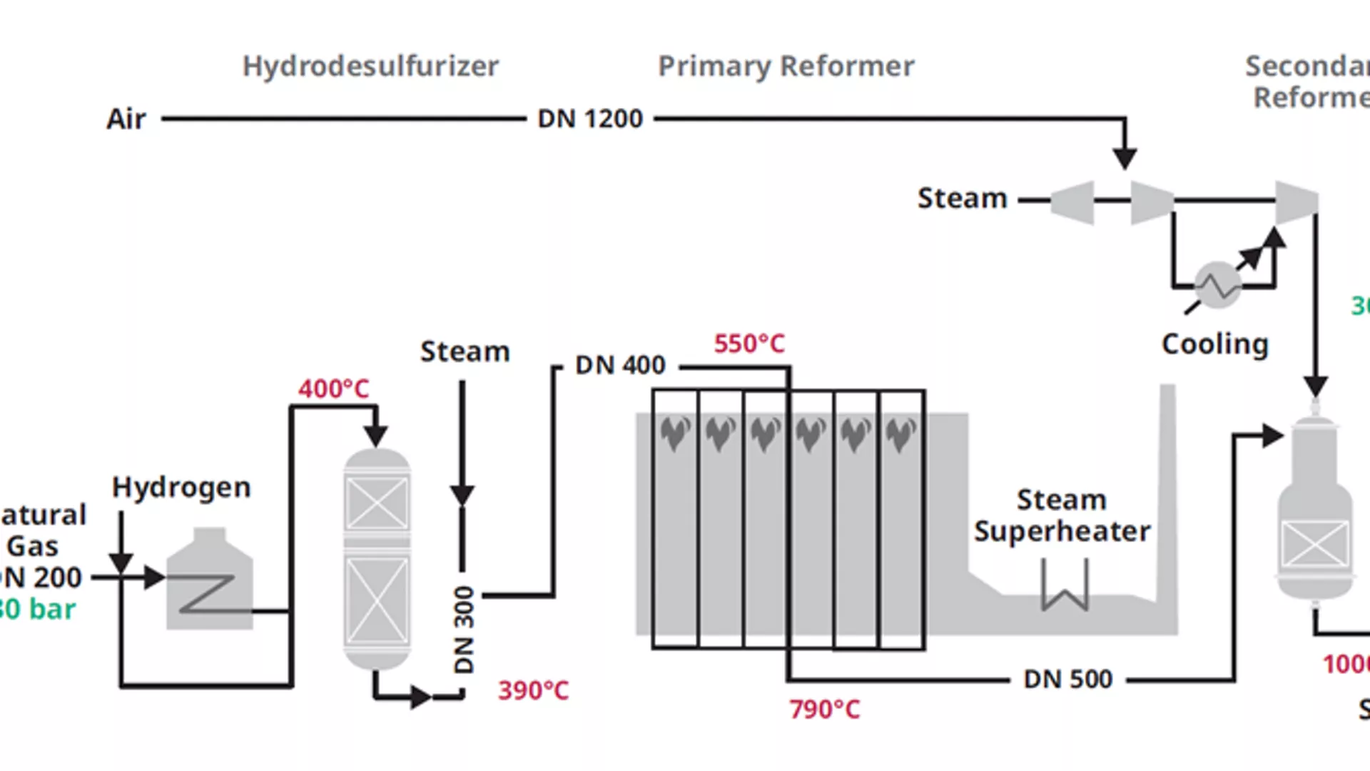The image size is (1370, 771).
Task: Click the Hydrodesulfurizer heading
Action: point(370,66)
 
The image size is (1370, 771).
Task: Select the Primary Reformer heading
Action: point(786,66)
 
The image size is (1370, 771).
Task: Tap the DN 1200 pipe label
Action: point(590,119)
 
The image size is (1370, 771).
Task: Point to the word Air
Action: point(126,119)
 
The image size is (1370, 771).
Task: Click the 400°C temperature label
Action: point(333,389)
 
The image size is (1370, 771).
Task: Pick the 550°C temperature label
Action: point(749,343)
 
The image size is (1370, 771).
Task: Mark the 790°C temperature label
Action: point(824,709)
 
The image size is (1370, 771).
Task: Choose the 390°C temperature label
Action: point(533,690)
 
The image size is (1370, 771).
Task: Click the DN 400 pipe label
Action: point(620,366)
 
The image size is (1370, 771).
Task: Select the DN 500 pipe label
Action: point(1067,679)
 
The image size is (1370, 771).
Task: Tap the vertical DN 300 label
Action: point(465,630)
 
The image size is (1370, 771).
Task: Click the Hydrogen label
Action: point(181,487)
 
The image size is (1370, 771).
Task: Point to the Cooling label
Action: point(1214,344)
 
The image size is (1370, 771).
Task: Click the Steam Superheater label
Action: point(1062,515)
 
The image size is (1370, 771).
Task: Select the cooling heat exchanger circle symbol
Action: point(1218,285)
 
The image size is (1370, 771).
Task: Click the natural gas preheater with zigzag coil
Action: point(209,582)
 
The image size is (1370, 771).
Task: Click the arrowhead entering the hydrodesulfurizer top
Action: point(375,434)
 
